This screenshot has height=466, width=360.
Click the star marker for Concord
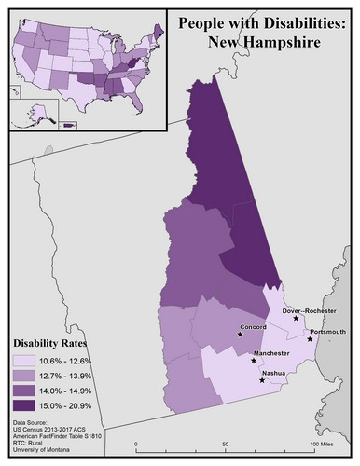click(x=240, y=335)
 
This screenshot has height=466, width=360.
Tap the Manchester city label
click(x=276, y=354)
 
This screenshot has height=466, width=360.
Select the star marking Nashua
click(x=261, y=380)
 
